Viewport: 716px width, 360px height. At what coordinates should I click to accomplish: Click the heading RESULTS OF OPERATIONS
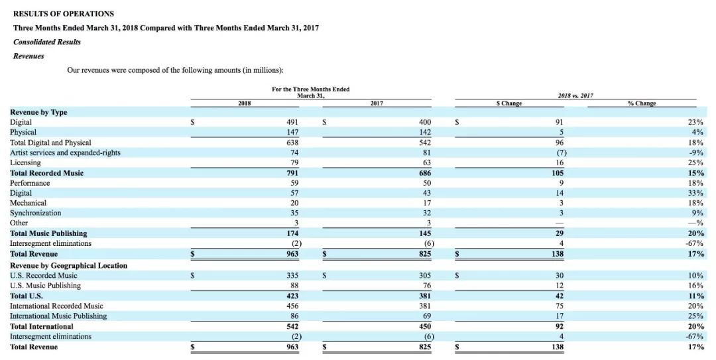pos(64,13)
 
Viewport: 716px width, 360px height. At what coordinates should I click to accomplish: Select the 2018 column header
pos(244,103)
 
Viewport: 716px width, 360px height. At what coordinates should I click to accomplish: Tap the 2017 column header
pos(377,103)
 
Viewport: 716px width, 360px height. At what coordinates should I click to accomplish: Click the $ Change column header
pos(509,103)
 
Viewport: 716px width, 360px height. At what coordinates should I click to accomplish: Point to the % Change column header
pos(641,103)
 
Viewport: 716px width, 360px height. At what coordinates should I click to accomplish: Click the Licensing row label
pos(25,162)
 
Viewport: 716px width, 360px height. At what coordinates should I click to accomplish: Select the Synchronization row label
pos(35,213)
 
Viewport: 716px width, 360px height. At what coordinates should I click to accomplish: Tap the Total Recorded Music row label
pos(46,173)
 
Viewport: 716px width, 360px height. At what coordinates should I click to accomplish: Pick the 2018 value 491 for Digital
pos(292,123)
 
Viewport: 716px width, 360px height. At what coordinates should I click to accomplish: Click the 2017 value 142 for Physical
pos(425,133)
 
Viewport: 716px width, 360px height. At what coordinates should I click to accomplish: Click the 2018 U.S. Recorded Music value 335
pos(292,275)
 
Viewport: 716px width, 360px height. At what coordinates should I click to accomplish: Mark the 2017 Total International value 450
pos(425,326)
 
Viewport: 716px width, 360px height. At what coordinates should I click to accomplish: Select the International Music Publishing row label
pos(58,316)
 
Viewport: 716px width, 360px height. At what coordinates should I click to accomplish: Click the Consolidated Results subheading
pos(47,42)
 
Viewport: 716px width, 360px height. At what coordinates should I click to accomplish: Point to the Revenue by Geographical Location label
pos(68,265)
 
